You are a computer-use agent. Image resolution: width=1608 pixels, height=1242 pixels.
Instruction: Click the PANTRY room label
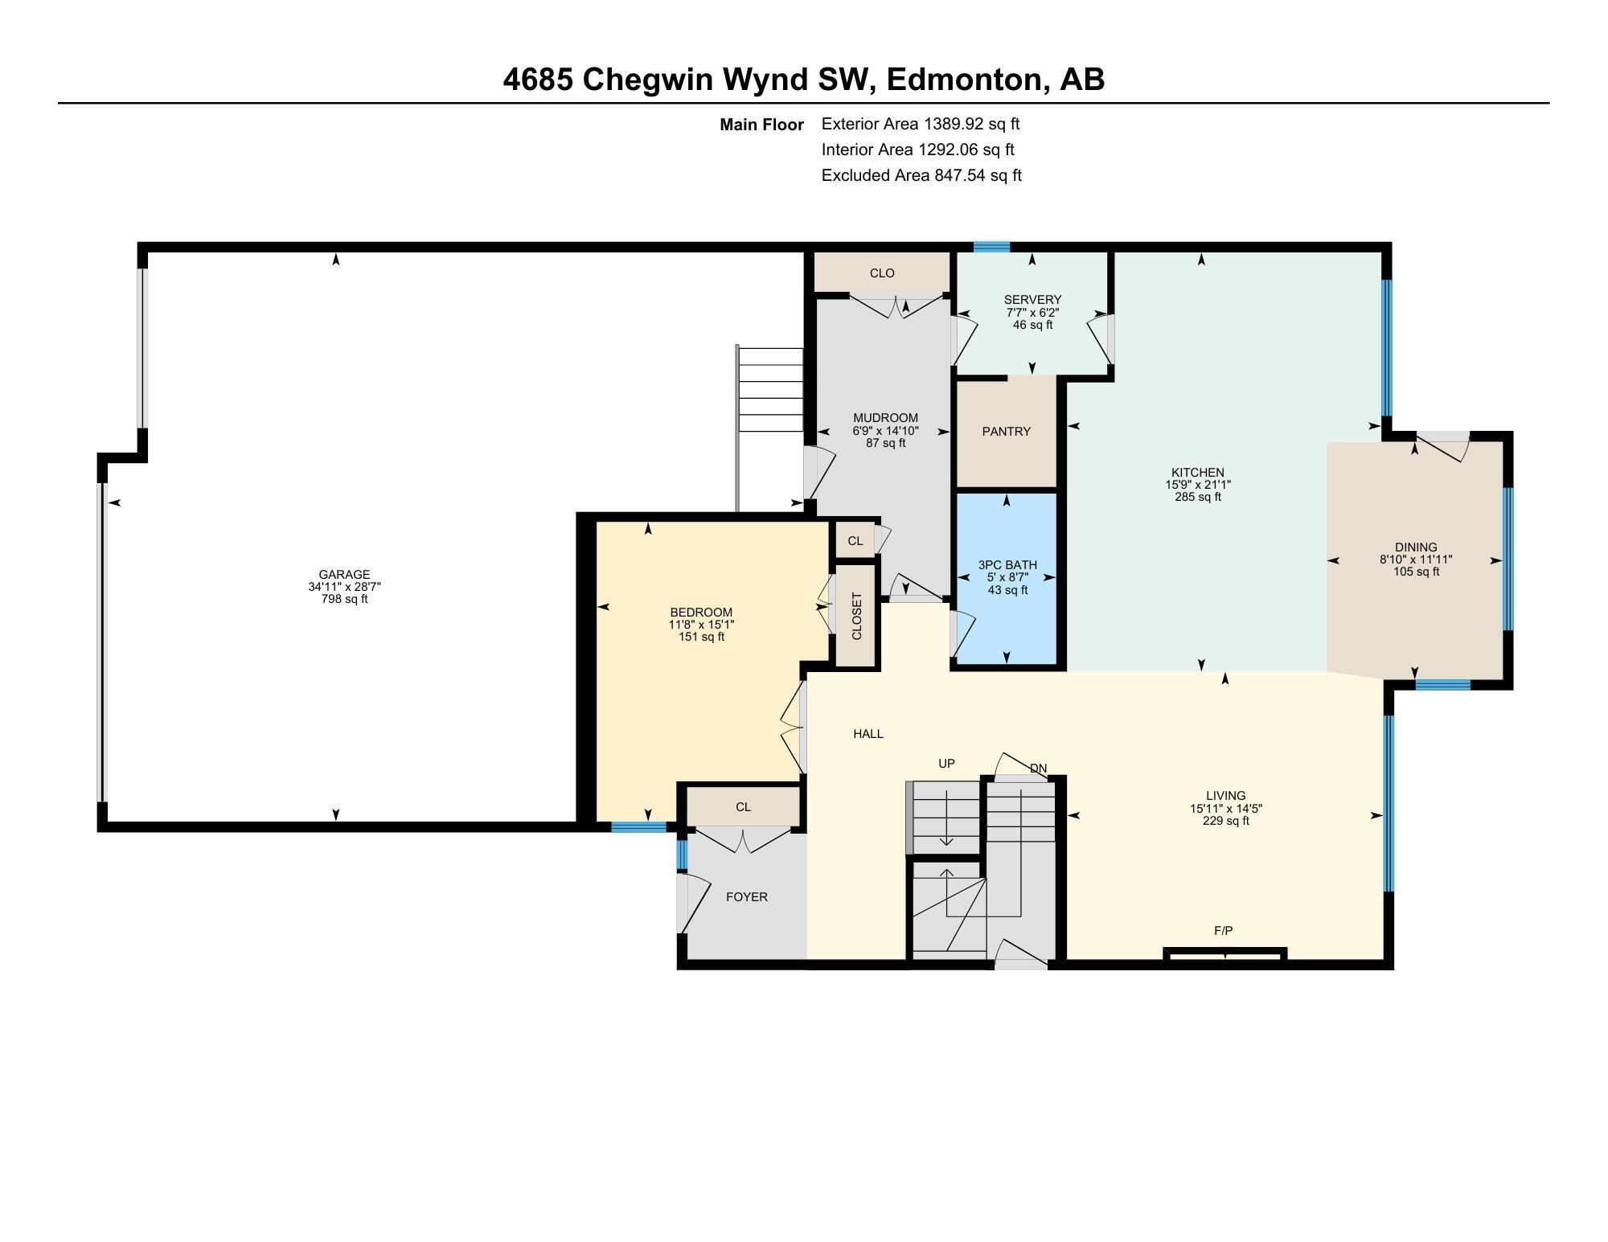coord(1006,432)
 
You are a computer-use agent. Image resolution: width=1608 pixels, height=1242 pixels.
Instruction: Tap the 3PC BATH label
coord(1007,565)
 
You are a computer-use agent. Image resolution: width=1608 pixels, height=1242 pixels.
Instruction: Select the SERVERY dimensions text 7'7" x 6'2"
coord(1032,313)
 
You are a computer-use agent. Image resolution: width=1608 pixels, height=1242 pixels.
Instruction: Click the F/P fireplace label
coord(1223,931)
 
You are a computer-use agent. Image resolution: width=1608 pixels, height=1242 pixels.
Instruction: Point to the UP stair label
coord(946,764)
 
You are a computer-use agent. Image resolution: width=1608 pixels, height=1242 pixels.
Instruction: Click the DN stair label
coord(1038,769)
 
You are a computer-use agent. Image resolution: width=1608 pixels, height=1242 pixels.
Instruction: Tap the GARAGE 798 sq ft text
coord(344,599)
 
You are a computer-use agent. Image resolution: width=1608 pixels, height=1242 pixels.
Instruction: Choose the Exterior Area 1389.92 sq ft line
coord(920,124)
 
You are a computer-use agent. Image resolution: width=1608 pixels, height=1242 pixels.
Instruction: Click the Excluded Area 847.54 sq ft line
coord(921,175)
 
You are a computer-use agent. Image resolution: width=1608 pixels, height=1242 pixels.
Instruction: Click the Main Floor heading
coord(761,125)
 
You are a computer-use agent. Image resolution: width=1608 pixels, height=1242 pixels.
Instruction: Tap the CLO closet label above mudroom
coord(882,273)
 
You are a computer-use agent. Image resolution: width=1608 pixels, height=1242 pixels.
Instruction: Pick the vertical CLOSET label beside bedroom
coord(856,617)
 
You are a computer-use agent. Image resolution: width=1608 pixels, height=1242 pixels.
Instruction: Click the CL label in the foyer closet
coord(743,807)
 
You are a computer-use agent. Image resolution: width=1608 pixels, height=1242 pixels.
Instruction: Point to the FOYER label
coord(746,897)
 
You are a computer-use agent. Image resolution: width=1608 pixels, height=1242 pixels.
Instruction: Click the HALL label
coord(868,734)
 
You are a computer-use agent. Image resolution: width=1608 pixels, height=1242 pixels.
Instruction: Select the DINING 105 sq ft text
coord(1416,572)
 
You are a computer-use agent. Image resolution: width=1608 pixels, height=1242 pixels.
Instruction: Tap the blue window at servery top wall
coord(991,247)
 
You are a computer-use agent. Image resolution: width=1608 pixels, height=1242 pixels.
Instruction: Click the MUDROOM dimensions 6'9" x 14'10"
coord(885,431)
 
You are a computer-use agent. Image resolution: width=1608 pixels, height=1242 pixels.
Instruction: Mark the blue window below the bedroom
coord(638,826)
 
